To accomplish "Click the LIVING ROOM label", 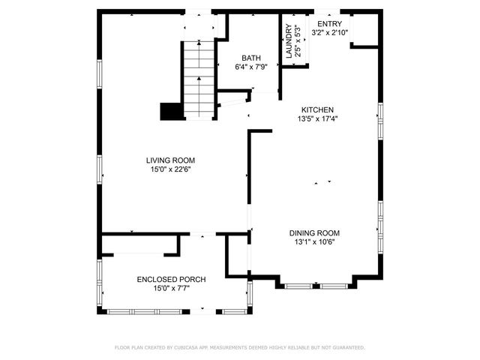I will pyautogui.click(x=170, y=160).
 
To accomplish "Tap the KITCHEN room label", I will pyautogui.click(x=317, y=109).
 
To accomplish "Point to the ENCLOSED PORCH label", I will pyautogui.click(x=171, y=279).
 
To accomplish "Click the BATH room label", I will pyautogui.click(x=250, y=58).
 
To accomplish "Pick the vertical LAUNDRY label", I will pyautogui.click(x=288, y=41).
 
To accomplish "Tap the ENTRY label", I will pyautogui.click(x=328, y=24).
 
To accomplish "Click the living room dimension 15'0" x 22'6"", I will pyautogui.click(x=170, y=169).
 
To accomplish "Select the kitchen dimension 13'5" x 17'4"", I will pyautogui.click(x=317, y=118).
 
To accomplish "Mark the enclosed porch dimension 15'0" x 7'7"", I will pyautogui.click(x=171, y=288).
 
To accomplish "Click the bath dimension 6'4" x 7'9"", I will pyautogui.click(x=250, y=67).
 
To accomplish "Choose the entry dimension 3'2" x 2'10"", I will pyautogui.click(x=328, y=33).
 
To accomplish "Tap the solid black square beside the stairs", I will pyautogui.click(x=172, y=110).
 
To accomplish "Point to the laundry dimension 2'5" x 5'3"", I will pyautogui.click(x=298, y=41).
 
